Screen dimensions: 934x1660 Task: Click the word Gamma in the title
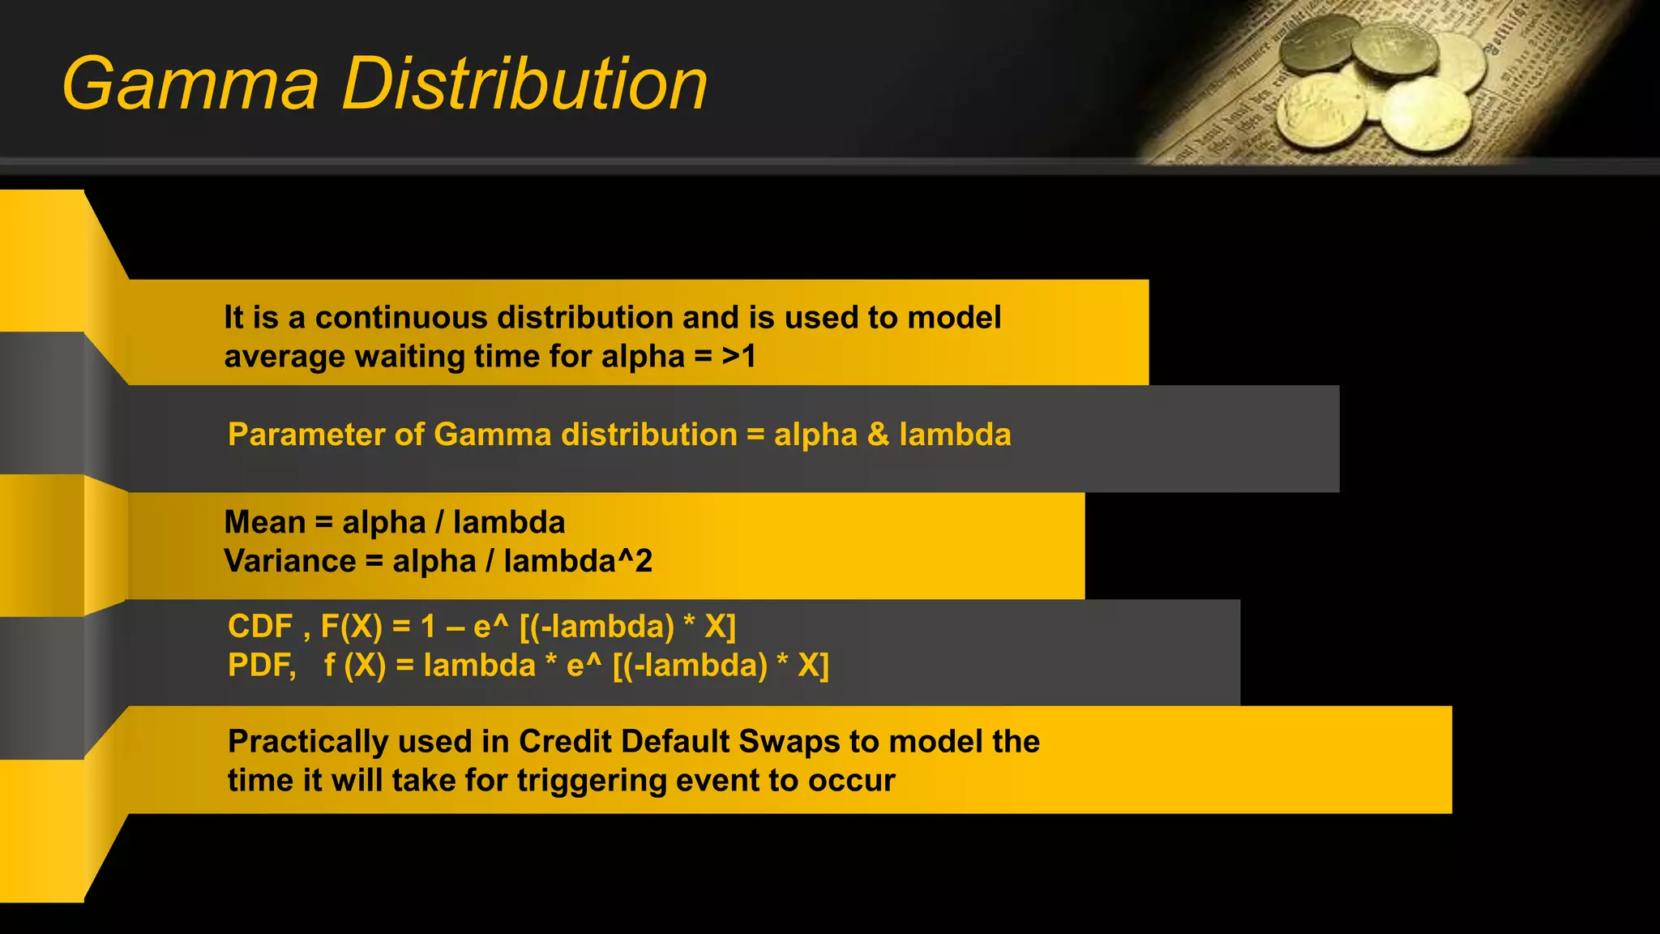190,84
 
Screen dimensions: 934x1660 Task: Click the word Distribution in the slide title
524,84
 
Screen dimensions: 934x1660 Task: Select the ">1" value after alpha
739,357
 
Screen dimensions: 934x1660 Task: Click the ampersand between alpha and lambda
878,435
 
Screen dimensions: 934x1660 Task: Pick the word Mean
264,522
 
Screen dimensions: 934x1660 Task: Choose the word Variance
289,561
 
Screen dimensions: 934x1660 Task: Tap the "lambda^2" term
577,561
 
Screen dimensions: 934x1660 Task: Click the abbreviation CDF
260,627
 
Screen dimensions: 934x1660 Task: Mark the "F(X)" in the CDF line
351,627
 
